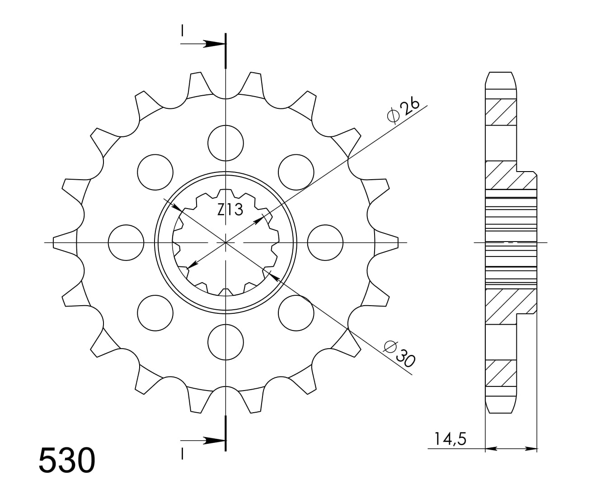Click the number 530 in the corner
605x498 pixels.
[x=67, y=460]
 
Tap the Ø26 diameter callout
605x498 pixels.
[x=403, y=110]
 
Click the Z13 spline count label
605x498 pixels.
[x=230, y=209]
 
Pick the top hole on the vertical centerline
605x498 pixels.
[x=225, y=143]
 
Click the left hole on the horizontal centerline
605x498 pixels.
[x=127, y=242]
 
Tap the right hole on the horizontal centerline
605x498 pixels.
[x=325, y=242]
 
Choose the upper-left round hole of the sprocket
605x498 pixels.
[x=155, y=172]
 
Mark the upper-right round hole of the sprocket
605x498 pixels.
[x=296, y=172]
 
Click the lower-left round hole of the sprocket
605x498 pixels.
[x=155, y=313]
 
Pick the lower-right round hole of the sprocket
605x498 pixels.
[x=296, y=313]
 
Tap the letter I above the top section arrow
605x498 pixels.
[x=182, y=31]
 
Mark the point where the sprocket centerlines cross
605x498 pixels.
[x=225, y=242]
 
